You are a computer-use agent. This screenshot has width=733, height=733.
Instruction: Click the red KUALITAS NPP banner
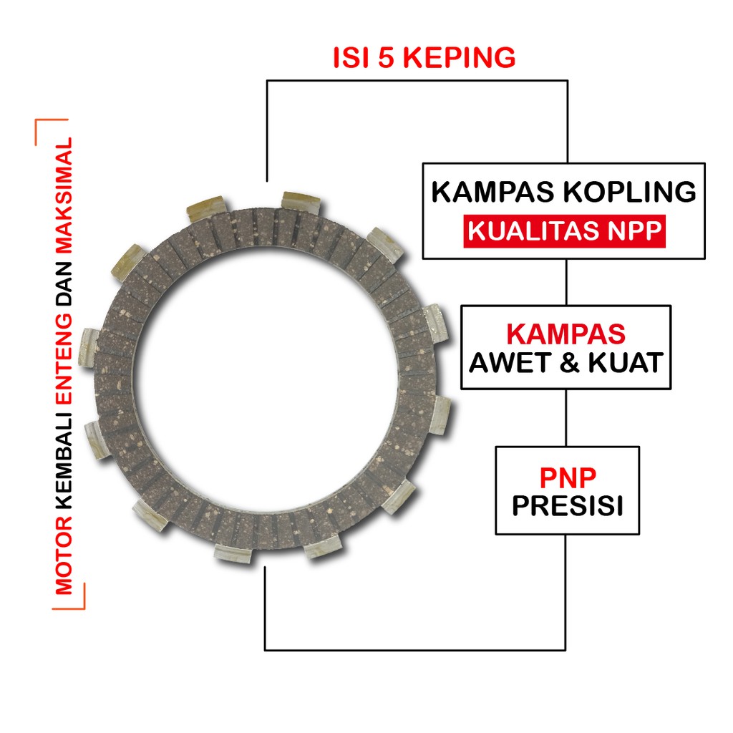[564, 233]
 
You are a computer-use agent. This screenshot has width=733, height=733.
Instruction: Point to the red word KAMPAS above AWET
[565, 334]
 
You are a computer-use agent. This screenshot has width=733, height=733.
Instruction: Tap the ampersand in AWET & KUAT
[568, 363]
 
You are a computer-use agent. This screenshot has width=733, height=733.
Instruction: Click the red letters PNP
[567, 477]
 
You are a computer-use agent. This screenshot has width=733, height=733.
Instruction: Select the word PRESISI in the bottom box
[567, 506]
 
